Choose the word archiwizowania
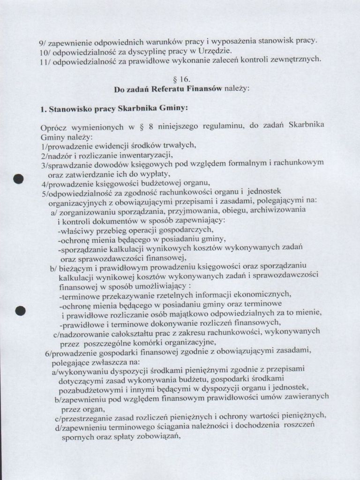[x=278, y=210]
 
